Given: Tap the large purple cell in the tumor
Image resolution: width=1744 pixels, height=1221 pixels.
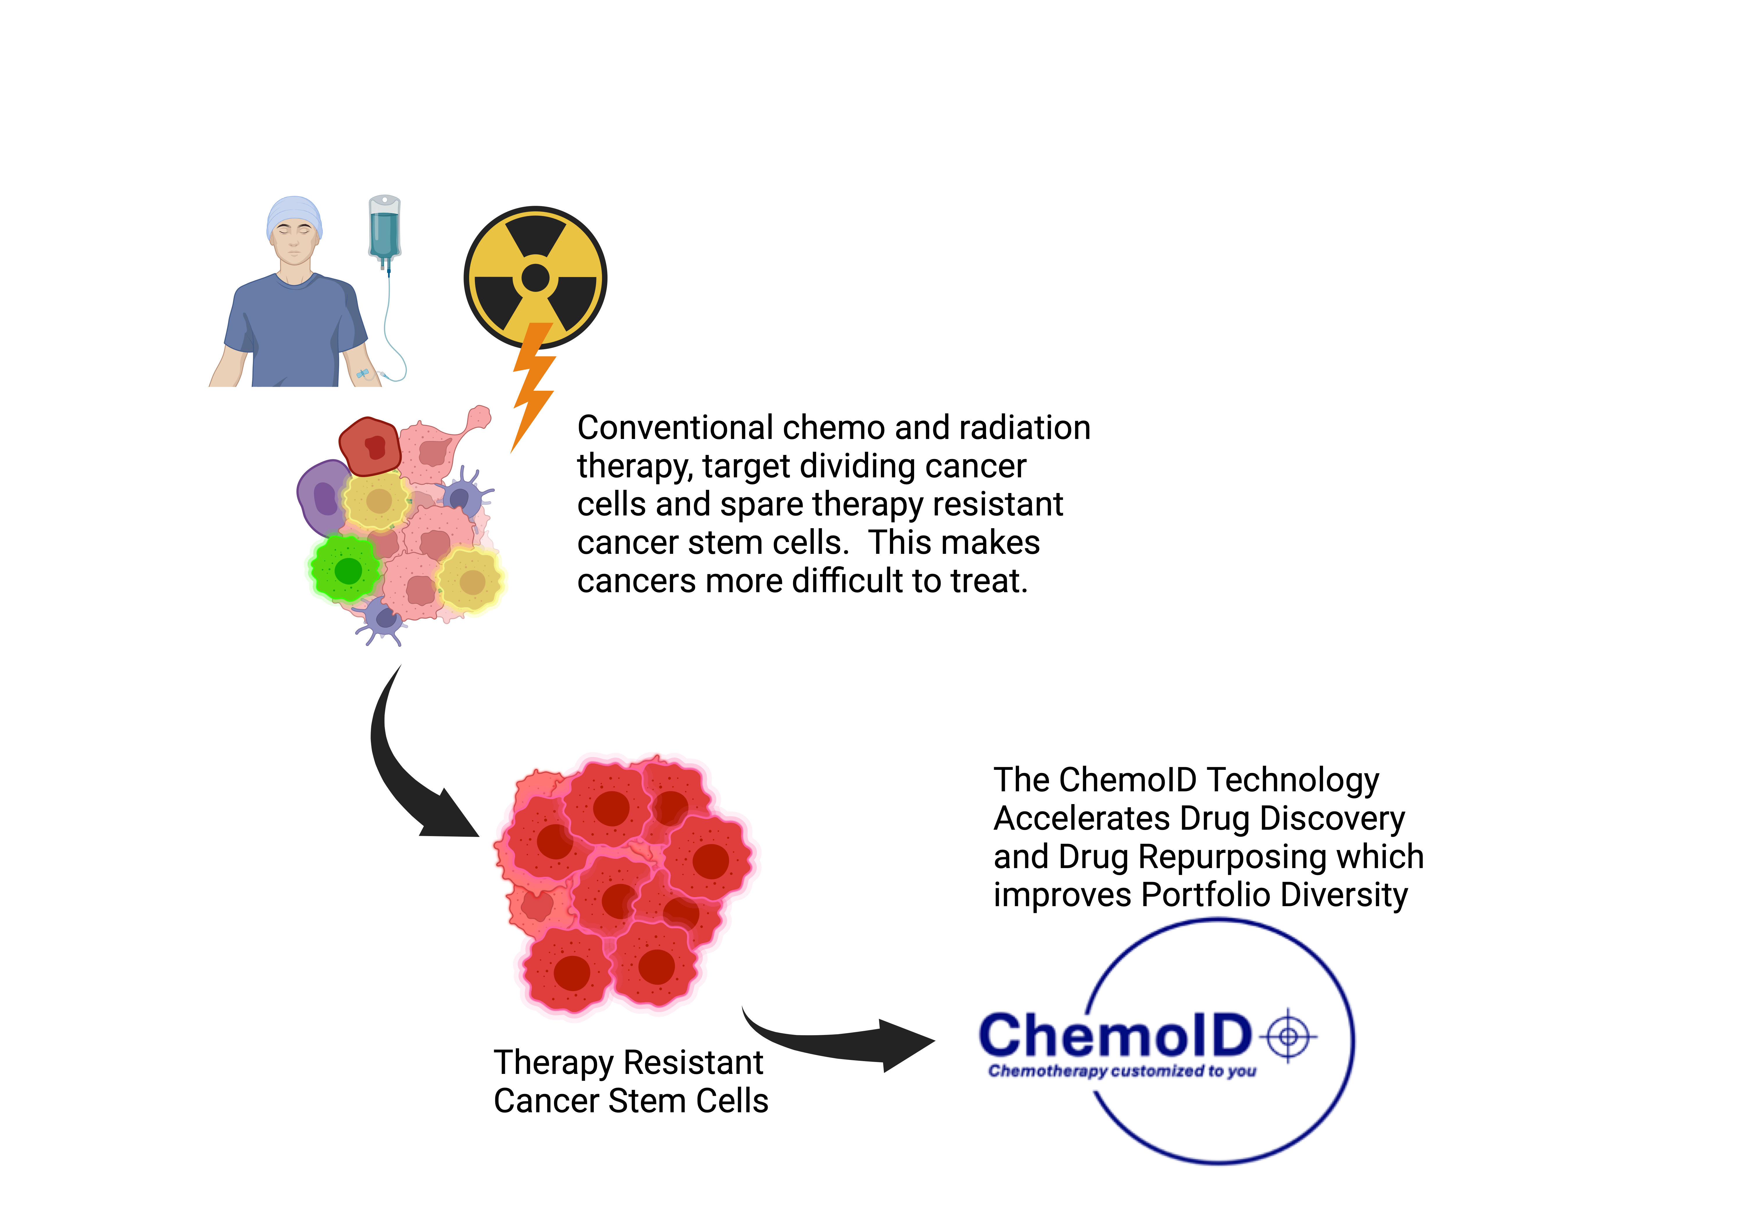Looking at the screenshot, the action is (324, 498).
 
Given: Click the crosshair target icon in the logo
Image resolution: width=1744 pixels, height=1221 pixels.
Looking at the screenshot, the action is (1288, 1036).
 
